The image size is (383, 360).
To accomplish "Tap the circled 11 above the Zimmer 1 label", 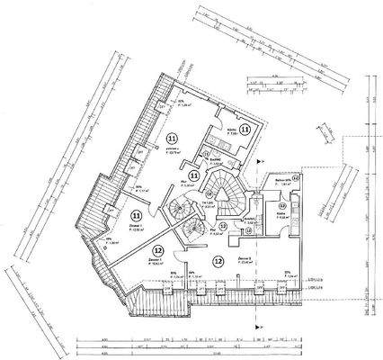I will coord(136,216).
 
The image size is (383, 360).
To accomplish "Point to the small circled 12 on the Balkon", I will coord(296,178).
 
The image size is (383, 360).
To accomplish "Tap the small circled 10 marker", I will coord(247,233).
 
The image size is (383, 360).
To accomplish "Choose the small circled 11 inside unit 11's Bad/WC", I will coord(206,155).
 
